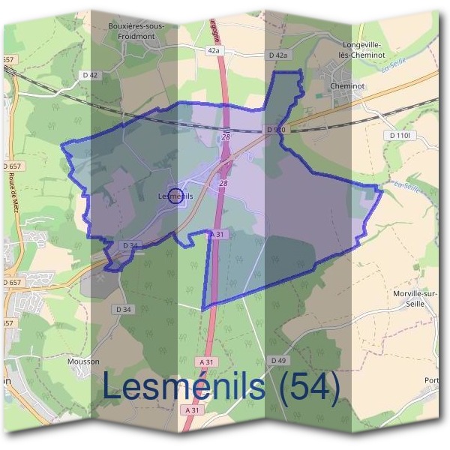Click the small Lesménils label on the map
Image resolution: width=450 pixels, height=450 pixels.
pos(176,196)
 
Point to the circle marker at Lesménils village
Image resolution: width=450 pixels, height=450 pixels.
pos(175,196)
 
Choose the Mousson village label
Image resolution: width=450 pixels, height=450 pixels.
pos(82,361)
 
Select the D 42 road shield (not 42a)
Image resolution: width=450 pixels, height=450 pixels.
pos(89,75)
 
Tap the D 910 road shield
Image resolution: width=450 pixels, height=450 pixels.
pos(275,130)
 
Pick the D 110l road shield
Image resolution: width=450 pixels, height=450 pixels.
pos(402,135)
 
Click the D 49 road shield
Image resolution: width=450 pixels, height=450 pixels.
pos(277,361)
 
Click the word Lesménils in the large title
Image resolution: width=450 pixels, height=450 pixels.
pos(184,387)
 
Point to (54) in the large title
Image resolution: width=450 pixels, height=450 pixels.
pos(304,387)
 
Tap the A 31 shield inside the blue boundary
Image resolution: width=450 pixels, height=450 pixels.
pos(217,235)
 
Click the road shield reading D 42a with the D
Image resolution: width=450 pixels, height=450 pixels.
pos(277,55)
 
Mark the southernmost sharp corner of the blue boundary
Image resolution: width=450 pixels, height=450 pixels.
pos(203,308)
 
